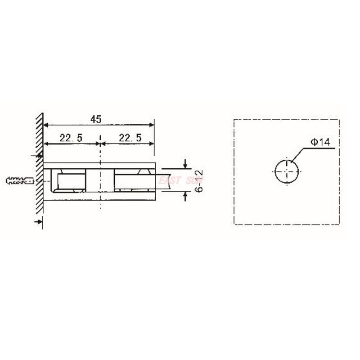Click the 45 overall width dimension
[95, 119]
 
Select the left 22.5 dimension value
[71, 138]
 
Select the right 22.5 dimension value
[130, 138]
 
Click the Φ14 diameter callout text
[320, 142]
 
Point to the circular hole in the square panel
[287, 171]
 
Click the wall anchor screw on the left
[21, 181]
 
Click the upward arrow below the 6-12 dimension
[186, 196]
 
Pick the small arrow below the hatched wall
[38, 221]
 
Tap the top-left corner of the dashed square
[234, 119]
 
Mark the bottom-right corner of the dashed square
[338, 224]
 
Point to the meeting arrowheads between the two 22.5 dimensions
[99, 144]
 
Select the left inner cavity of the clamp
[70, 181]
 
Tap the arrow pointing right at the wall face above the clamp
[38, 156]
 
